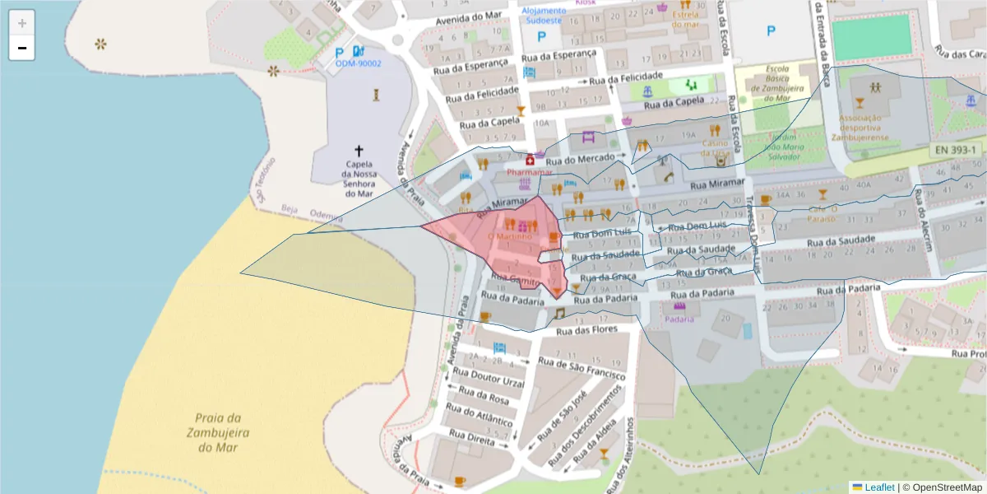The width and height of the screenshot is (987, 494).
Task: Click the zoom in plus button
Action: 22,23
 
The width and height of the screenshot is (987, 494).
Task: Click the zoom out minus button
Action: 22,48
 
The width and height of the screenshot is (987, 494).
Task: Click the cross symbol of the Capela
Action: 359,151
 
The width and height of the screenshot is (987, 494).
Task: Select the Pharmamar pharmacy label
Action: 530,173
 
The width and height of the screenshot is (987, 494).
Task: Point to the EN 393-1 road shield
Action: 957,150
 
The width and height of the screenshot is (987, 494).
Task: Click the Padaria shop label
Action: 679,319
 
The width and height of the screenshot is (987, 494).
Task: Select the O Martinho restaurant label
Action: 510,237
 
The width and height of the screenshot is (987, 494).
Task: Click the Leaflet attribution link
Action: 878,487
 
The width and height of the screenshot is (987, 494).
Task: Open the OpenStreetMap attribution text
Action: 942,487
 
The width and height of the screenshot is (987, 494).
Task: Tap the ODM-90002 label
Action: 358,63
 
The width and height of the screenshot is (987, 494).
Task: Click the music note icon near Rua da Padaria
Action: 560,314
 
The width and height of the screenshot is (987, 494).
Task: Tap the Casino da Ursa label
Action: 716,147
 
